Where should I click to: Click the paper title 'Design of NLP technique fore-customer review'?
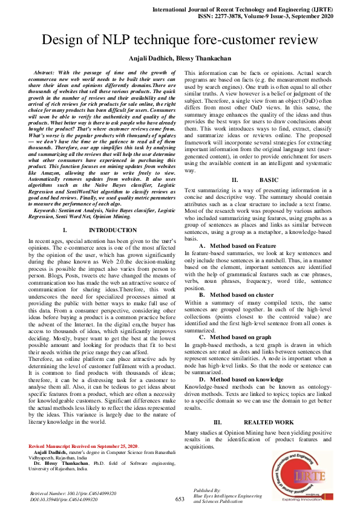(x=179, y=41)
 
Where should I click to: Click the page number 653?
(x=180, y=499)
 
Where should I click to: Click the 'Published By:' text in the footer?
(x=207, y=490)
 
